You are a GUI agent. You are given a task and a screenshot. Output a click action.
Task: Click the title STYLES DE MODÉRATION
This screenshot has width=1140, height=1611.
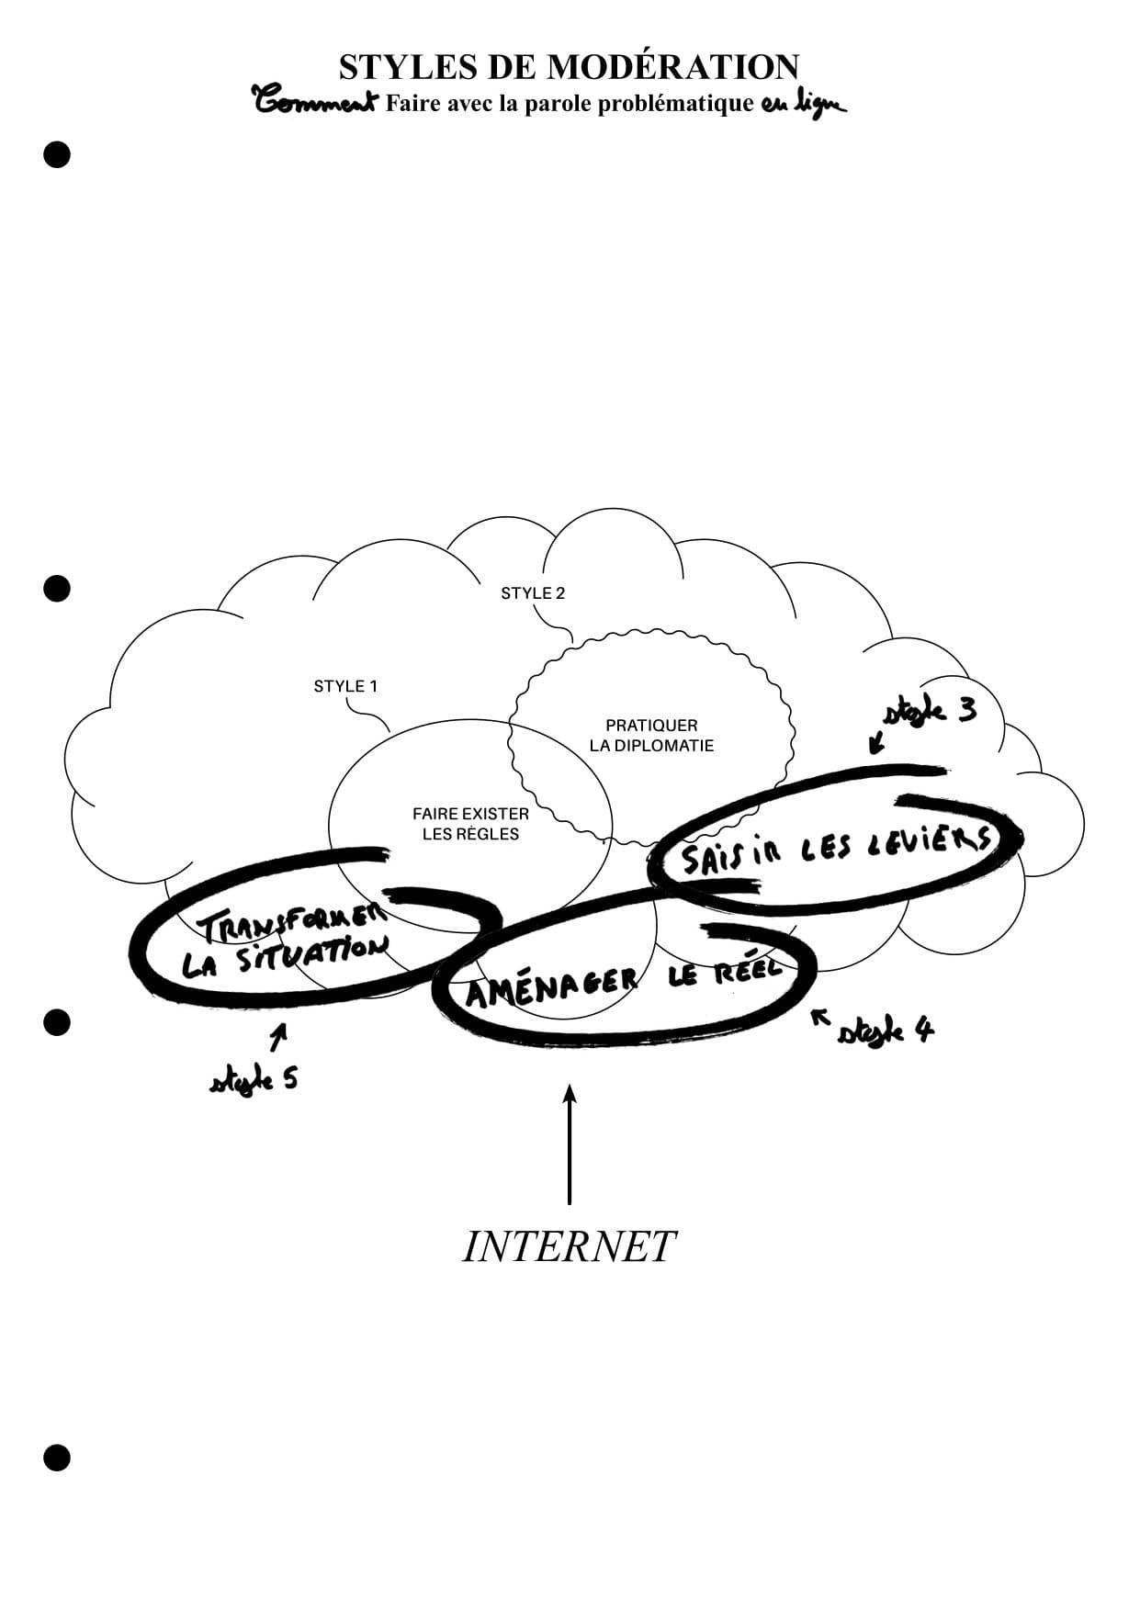(569, 67)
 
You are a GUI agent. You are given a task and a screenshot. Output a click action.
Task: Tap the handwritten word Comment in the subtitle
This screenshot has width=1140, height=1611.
(315, 101)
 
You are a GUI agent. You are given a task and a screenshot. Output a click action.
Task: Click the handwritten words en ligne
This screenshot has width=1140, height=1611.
(802, 104)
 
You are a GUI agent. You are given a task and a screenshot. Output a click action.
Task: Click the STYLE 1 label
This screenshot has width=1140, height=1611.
(345, 686)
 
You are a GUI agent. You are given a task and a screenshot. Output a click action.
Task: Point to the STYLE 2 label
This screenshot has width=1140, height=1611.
(533, 593)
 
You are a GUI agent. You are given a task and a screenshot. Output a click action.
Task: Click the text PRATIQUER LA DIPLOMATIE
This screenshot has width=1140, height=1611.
(651, 735)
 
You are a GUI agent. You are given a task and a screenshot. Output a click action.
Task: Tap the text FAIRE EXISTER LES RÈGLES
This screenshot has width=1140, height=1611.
(470, 824)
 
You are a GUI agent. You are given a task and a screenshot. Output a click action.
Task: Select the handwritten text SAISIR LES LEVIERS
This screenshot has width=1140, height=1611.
(835, 849)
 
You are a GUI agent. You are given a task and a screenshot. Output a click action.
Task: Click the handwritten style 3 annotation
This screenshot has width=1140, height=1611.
(930, 712)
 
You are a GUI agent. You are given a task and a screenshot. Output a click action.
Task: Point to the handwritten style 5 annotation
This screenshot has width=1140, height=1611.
(254, 1078)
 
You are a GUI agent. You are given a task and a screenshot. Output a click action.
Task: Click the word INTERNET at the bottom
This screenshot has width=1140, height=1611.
(569, 1246)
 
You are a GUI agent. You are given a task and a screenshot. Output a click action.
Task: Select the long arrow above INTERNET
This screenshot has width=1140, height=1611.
(570, 1143)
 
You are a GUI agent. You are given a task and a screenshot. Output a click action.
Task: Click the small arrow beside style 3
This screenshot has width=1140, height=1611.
(877, 739)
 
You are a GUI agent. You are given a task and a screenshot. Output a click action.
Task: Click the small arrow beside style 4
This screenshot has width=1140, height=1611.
(819, 1016)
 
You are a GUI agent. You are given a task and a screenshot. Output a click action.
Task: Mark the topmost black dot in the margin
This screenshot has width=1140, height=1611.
(57, 154)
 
